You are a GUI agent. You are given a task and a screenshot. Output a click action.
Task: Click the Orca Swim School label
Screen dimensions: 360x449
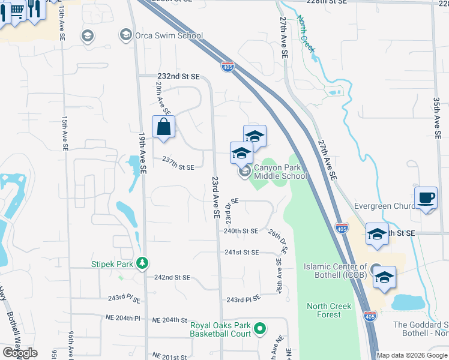tap(169, 35)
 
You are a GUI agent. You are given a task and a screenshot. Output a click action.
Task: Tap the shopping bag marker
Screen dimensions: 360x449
tap(164, 127)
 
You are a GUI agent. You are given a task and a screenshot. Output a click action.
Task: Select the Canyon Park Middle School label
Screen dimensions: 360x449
tap(280, 172)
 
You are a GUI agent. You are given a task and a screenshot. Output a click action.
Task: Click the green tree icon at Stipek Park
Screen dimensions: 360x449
tap(142, 263)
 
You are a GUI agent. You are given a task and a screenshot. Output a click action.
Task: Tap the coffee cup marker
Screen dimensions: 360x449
tap(426, 197)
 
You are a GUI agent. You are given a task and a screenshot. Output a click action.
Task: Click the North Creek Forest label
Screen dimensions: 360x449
tap(329, 310)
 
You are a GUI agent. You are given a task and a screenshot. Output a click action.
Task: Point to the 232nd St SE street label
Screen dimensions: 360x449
tap(178, 77)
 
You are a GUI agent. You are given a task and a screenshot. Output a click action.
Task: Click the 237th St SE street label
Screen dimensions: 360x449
tap(178, 167)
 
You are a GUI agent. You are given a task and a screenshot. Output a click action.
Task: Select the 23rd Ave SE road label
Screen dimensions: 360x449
tap(214, 197)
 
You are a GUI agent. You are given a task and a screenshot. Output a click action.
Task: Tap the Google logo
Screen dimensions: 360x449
tap(20, 353)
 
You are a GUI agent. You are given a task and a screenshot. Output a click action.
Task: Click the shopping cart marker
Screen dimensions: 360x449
tap(17, 10)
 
